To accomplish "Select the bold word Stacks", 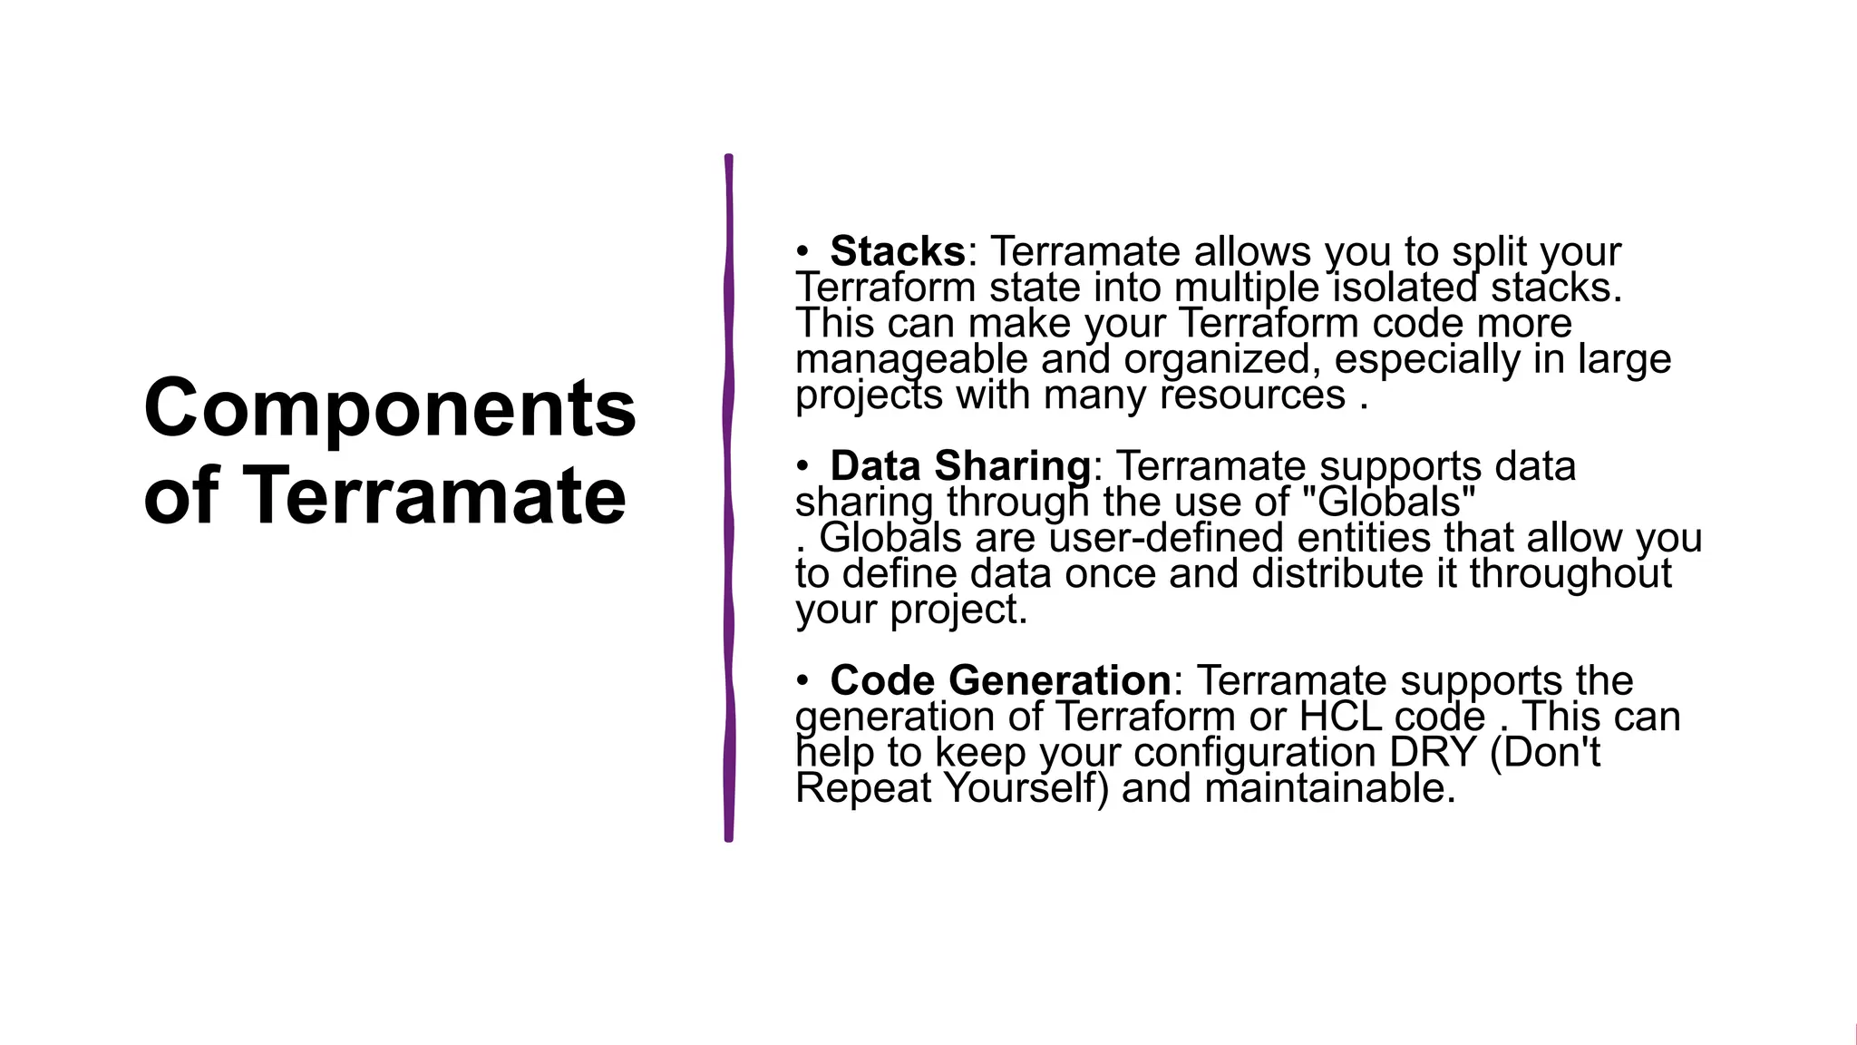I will click(897, 251).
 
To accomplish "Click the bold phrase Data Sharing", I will click(959, 466).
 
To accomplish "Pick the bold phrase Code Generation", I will click(999, 680).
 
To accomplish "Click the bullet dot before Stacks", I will click(802, 251).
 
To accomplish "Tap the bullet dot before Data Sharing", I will click(802, 466).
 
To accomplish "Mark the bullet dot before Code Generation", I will click(802, 680).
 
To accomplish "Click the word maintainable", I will click(1329, 787).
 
